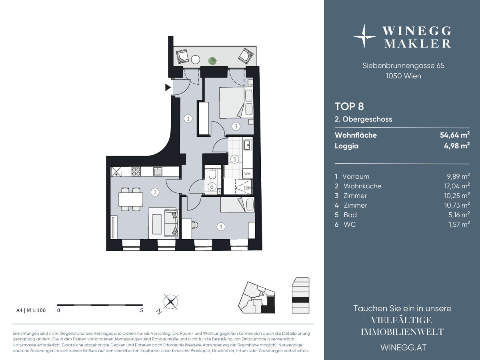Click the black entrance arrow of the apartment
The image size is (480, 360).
168,88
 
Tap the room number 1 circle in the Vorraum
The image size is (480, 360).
188,119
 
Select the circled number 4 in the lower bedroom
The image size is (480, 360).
221,227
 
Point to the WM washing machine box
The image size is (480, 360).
247,174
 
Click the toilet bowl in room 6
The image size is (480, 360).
212,174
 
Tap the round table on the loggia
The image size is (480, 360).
195,60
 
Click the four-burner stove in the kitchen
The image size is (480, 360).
136,172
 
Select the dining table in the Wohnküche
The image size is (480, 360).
131,199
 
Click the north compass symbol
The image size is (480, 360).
171,302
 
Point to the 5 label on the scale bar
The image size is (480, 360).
142,310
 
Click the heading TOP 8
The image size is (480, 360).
349,106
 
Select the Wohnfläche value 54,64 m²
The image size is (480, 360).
455,135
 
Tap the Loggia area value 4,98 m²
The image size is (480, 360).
457,146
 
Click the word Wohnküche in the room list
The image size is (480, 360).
362,186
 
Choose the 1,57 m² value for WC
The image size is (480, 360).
459,224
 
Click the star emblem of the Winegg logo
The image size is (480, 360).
364,36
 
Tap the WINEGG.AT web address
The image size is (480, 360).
404,348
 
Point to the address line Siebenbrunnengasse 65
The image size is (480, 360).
404,65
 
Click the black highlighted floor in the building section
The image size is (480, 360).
301,300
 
